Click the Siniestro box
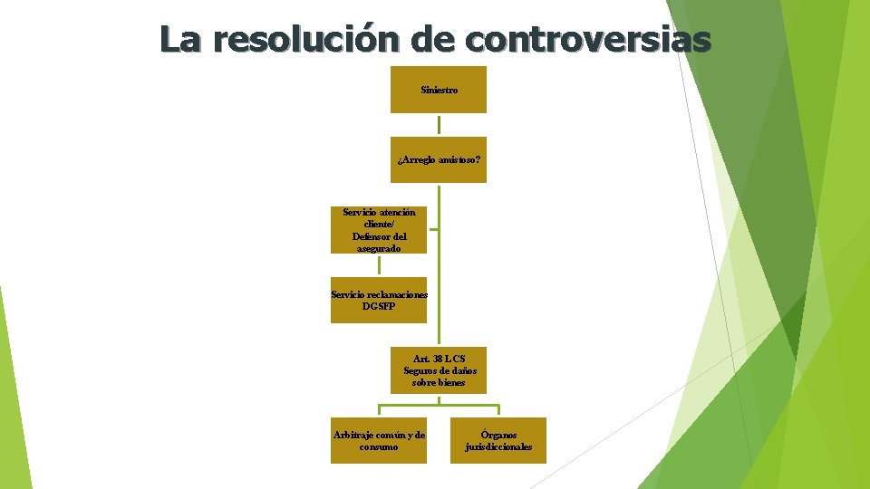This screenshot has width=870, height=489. point(439,90)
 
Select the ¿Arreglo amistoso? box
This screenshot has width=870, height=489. point(439,159)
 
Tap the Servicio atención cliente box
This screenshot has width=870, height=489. point(379,230)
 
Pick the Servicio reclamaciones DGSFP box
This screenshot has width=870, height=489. point(379,300)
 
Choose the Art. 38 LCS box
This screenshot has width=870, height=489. point(439,370)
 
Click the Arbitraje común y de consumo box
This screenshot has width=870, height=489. point(379,440)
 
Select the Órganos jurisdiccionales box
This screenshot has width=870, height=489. point(499,440)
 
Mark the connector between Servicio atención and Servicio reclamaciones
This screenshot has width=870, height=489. point(379,265)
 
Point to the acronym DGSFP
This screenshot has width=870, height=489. point(379,306)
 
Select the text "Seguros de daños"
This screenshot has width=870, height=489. point(440,370)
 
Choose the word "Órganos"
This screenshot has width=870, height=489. point(499,435)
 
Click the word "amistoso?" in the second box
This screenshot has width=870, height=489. point(459,159)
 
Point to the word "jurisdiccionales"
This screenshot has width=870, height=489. point(499,446)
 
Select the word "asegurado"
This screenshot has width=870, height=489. point(379,248)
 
